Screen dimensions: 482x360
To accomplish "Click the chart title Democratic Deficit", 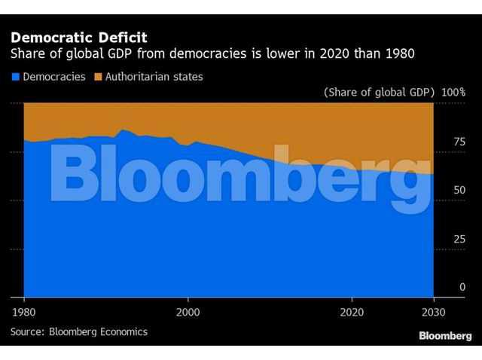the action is [x=79, y=38].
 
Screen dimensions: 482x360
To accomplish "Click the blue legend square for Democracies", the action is [x=15, y=77].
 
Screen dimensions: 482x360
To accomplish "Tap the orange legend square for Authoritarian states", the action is [x=98, y=77].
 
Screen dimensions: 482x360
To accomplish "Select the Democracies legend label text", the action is [x=54, y=77].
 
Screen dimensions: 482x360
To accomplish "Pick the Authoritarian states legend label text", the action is [x=154, y=77].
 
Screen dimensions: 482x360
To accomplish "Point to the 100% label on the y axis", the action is [x=453, y=92].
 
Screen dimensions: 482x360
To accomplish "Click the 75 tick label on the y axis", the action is [x=459, y=142].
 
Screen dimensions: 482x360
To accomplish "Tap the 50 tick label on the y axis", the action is [x=459, y=190].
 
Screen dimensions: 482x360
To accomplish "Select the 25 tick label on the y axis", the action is [x=459, y=239].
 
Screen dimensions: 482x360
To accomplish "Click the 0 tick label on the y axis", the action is [x=462, y=287].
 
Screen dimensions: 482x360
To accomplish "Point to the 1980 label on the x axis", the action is [x=23, y=313].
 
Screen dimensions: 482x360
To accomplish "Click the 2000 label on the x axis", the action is [x=188, y=313].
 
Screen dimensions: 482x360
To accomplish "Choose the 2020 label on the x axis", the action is [x=352, y=313].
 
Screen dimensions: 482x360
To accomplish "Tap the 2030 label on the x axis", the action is [x=434, y=313].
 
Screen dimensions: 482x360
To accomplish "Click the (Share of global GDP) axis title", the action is [x=380, y=92].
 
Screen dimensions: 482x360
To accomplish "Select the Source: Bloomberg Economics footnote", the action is [x=79, y=331].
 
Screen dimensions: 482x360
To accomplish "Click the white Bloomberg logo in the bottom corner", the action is [x=445, y=336].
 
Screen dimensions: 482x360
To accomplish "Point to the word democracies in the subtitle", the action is [x=208, y=53].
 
